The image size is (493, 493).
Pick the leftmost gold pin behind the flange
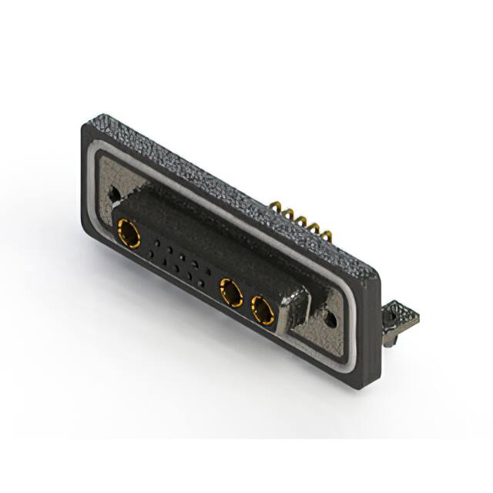(x=275, y=206)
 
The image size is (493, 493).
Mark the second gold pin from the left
(x=287, y=213)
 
